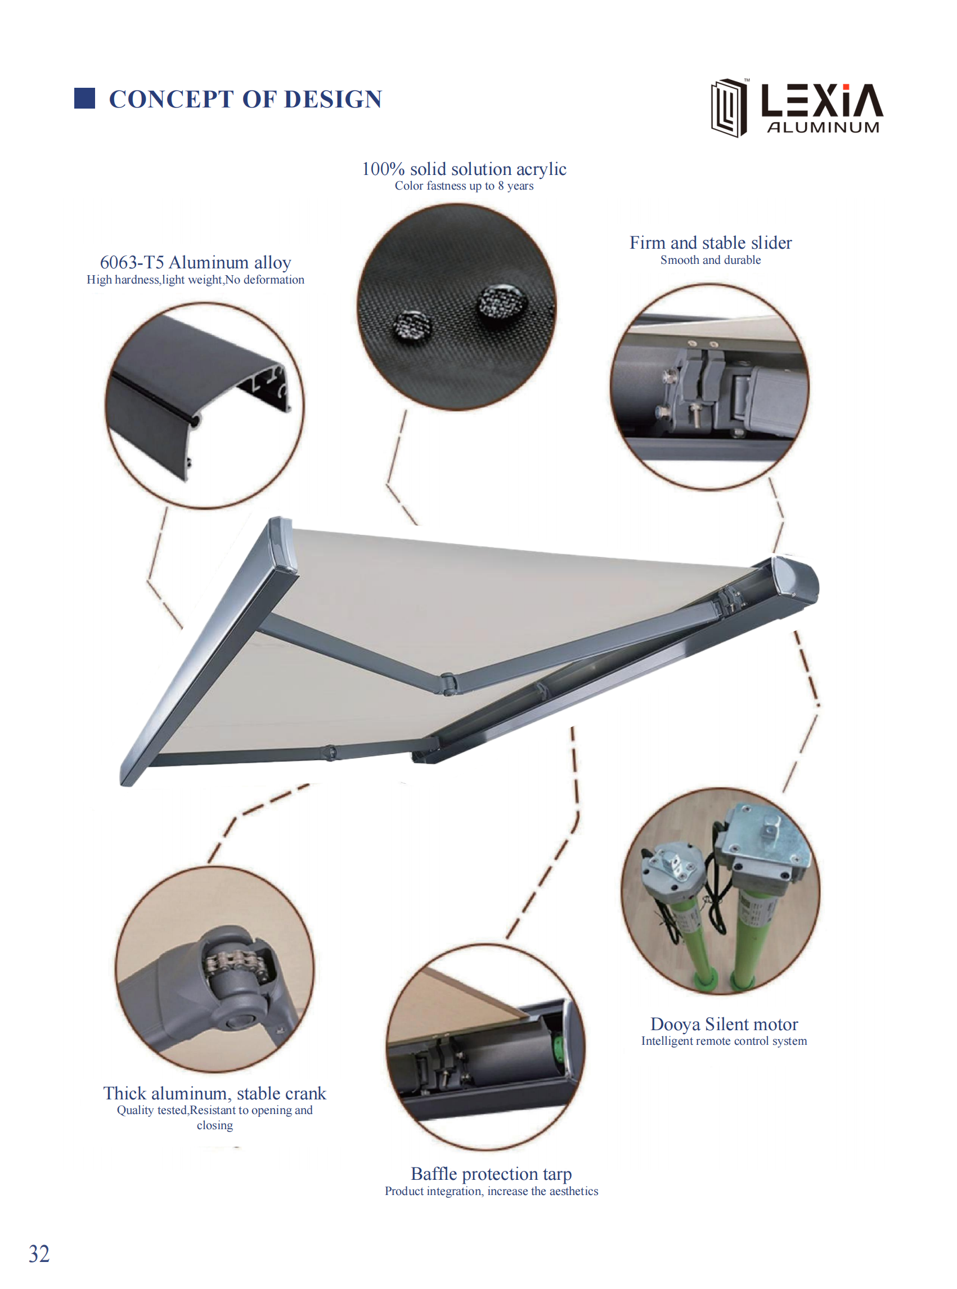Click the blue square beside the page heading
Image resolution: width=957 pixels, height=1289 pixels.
click(x=84, y=98)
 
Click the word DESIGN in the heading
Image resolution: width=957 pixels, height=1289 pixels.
click(x=333, y=99)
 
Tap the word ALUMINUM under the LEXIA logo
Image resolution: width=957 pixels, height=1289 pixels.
click(x=823, y=128)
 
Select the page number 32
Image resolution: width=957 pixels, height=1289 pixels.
click(x=39, y=1254)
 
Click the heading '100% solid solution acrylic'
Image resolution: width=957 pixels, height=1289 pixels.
click(x=464, y=169)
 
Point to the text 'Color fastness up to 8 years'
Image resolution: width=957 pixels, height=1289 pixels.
click(x=464, y=186)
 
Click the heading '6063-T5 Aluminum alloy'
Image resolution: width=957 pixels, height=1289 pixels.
click(x=195, y=262)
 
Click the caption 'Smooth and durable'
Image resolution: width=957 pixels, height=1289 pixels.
click(x=711, y=260)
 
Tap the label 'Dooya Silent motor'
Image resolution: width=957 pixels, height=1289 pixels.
click(x=724, y=1023)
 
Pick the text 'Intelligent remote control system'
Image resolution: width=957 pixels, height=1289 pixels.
click(x=724, y=1041)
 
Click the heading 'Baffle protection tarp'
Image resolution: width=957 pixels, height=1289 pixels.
click(x=491, y=1173)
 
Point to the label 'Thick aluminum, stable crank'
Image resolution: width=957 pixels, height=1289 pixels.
click(x=215, y=1093)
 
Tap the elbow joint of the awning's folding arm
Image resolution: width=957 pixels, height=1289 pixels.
click(x=448, y=684)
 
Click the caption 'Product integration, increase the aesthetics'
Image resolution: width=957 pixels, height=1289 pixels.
click(x=491, y=1191)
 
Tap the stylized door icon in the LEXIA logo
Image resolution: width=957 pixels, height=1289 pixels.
click(x=729, y=108)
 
